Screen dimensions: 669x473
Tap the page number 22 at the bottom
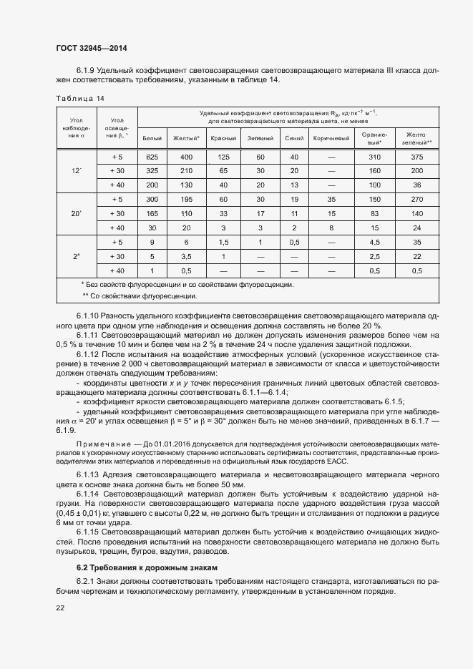pyautogui.click(x=60, y=607)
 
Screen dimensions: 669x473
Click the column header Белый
pyautogui.click(x=152, y=138)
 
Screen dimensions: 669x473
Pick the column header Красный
pyautogui.click(x=223, y=138)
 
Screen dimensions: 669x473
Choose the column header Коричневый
pyautogui.click(x=331, y=138)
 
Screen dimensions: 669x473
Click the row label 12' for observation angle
pyautogui.click(x=77, y=171)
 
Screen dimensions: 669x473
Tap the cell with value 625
pyautogui.click(x=152, y=157)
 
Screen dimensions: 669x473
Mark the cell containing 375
pyautogui.click(x=417, y=157)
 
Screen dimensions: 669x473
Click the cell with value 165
pyautogui.click(x=152, y=213)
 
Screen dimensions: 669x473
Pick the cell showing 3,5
pyautogui.click(x=186, y=255)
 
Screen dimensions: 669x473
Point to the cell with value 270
pyautogui.click(x=417, y=199)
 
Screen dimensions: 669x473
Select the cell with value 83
pyautogui.click(x=374, y=213)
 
